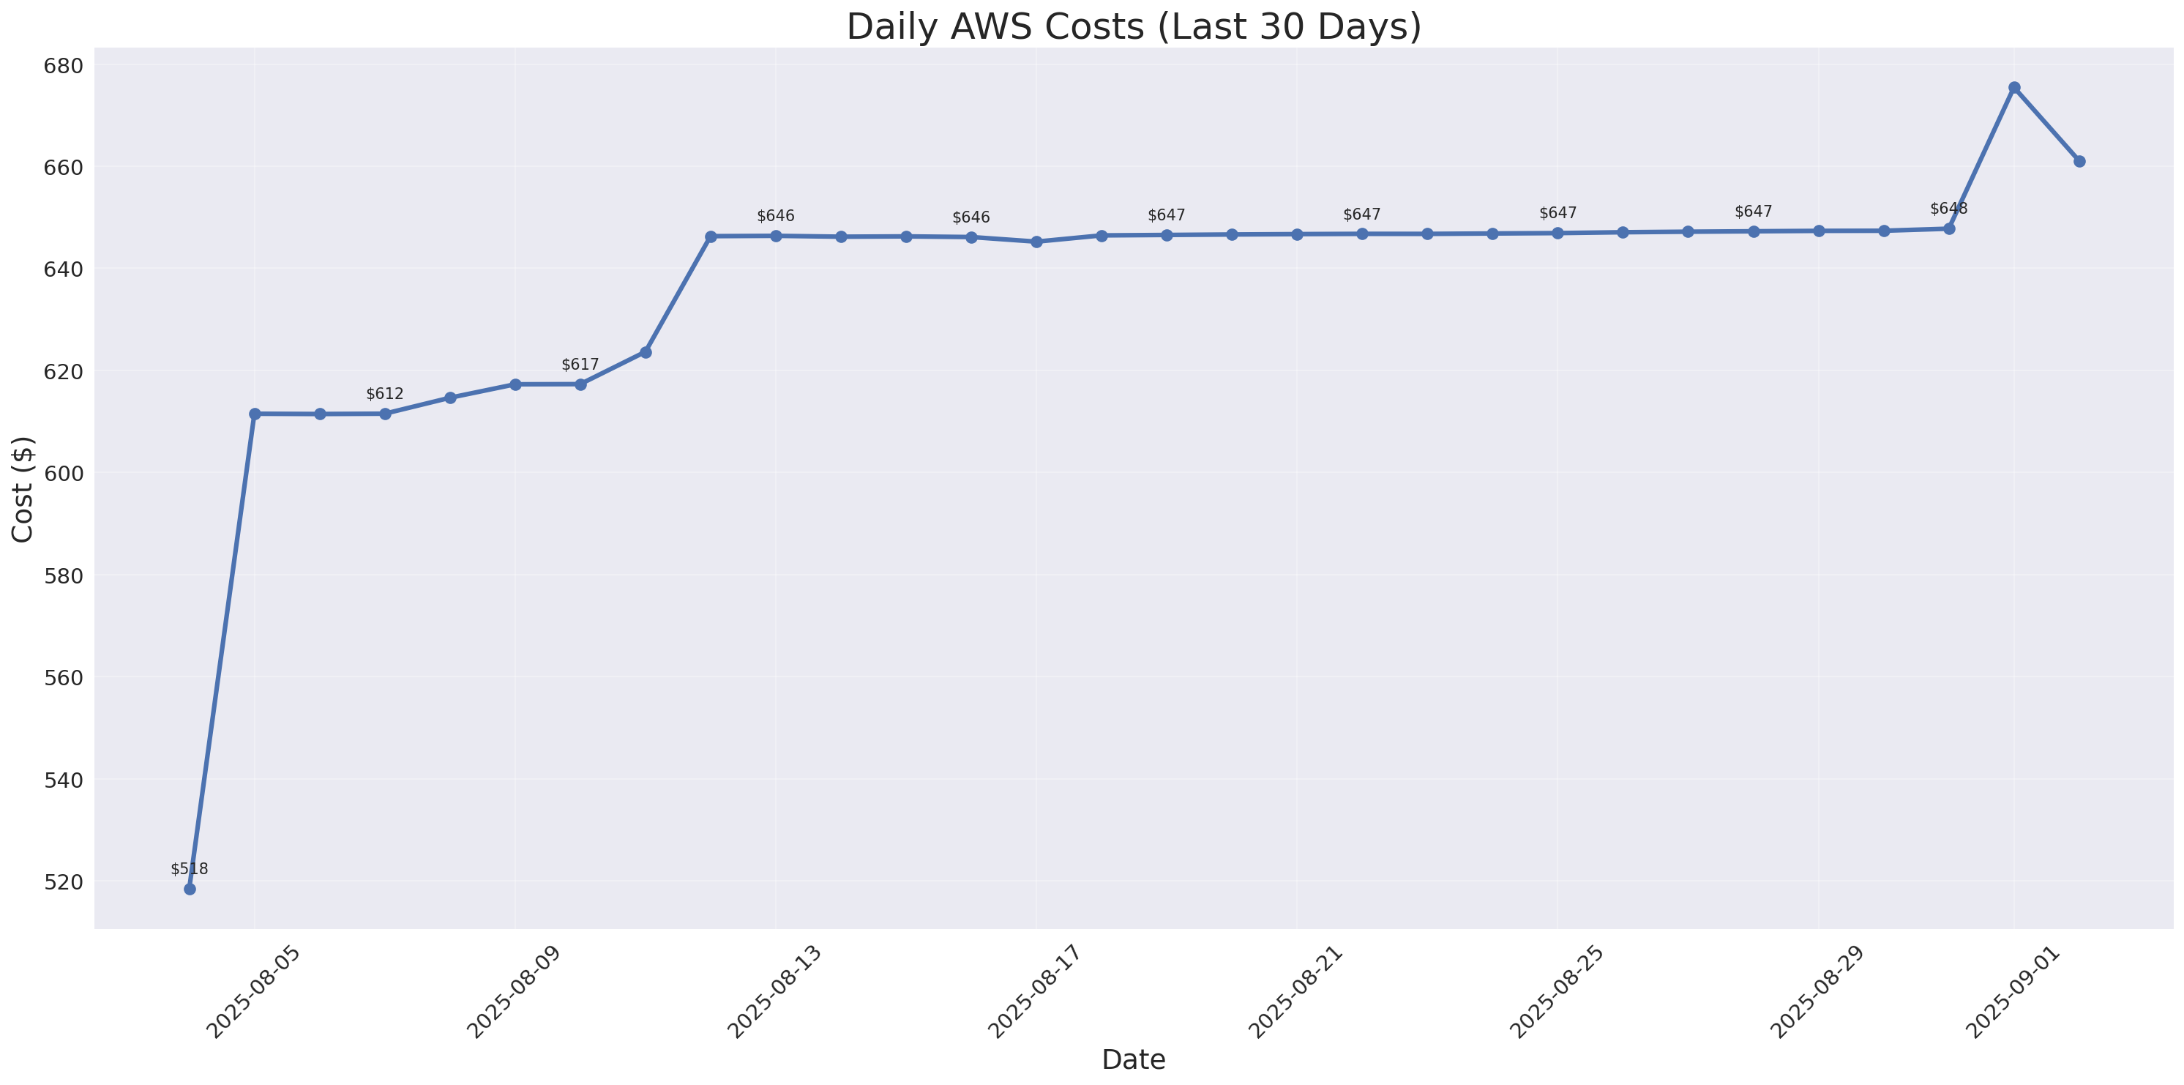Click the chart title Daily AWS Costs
[x=1134, y=27]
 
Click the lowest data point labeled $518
[x=189, y=889]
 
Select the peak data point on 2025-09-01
[x=2014, y=87]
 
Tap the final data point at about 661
[x=2080, y=161]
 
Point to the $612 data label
[x=385, y=395]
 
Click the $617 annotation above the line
[x=580, y=365]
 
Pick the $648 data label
[x=1948, y=209]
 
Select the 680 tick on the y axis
[x=64, y=66]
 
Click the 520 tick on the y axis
[x=64, y=882]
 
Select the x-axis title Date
[x=1134, y=1059]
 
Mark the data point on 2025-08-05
[x=255, y=414]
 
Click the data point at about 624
[x=646, y=352]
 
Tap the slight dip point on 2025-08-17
[x=1036, y=242]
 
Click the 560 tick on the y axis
[x=64, y=678]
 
